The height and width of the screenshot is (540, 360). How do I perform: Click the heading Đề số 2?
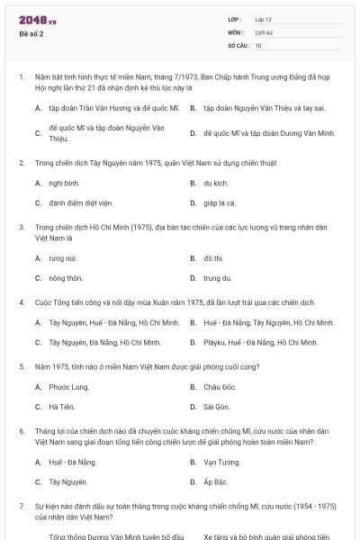point(31,34)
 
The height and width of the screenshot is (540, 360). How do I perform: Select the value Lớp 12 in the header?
point(264,19)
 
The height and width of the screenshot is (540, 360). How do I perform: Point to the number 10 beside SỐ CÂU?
point(258,44)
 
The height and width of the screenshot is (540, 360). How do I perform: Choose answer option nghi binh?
point(61,183)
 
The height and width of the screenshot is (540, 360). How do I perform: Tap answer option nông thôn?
point(66,278)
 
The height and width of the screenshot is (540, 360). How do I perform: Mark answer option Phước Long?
point(68,387)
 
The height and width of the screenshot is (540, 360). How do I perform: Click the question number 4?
point(21,301)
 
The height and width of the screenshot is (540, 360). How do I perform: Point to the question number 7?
point(21,507)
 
